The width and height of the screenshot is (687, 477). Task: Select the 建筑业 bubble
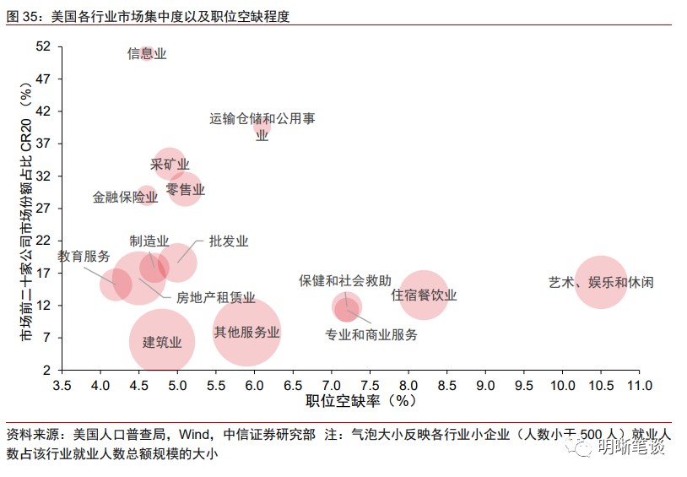(162, 342)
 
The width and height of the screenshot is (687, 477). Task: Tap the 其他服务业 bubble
(246, 332)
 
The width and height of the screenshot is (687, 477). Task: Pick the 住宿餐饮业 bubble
(424, 295)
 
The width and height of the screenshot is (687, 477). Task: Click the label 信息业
(147, 54)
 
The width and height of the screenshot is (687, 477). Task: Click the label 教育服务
(84, 257)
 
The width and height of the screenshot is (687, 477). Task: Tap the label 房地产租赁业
(215, 297)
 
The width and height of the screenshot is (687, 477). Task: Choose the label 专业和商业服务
(371, 335)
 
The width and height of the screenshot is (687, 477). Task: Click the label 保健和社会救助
(345, 280)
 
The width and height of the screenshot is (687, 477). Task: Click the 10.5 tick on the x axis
(600, 387)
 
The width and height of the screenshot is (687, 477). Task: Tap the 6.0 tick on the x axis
(254, 387)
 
